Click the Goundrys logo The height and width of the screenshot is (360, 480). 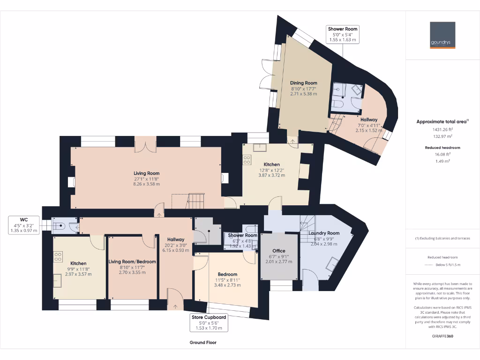[x=442, y=35]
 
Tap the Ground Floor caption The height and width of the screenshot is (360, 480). [x=203, y=343]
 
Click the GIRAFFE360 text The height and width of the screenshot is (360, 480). [x=442, y=336]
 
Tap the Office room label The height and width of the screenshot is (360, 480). [x=279, y=251]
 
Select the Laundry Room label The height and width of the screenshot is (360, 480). [x=324, y=233]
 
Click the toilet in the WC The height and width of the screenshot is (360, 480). [x=59, y=226]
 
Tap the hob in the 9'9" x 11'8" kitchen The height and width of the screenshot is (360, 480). [x=59, y=256]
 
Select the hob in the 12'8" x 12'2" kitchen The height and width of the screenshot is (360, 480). [x=247, y=159]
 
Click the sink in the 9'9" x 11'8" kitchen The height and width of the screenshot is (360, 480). [x=59, y=280]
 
